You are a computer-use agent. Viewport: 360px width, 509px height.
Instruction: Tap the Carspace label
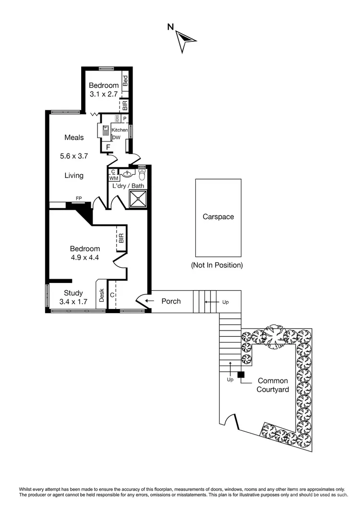pyautogui.click(x=218, y=217)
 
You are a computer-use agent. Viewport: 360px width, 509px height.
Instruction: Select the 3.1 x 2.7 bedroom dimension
pyautogui.click(x=104, y=94)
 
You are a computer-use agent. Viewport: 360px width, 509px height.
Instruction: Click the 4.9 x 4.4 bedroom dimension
pyautogui.click(x=85, y=257)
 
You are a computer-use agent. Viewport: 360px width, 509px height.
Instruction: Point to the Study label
pyautogui.click(x=73, y=293)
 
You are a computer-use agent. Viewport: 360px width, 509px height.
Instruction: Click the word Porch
pyautogui.click(x=171, y=301)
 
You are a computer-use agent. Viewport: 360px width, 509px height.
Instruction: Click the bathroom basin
pyautogui.click(x=128, y=174)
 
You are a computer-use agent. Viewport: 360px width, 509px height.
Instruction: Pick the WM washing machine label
pyautogui.click(x=113, y=178)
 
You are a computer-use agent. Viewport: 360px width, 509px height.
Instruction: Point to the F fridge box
pyautogui.click(x=108, y=147)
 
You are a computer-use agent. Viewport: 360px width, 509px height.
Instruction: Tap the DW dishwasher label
pyautogui.click(x=116, y=138)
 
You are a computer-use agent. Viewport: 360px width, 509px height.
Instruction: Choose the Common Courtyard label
pyautogui.click(x=273, y=385)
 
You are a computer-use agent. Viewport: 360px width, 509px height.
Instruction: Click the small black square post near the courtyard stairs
pyautogui.click(x=241, y=375)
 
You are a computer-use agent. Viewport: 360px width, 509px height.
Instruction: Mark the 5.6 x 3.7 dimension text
pyautogui.click(x=74, y=156)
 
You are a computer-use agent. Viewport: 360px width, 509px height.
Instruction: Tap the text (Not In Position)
pyautogui.click(x=216, y=265)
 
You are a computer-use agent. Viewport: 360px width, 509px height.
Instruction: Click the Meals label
pyautogui.click(x=74, y=138)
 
